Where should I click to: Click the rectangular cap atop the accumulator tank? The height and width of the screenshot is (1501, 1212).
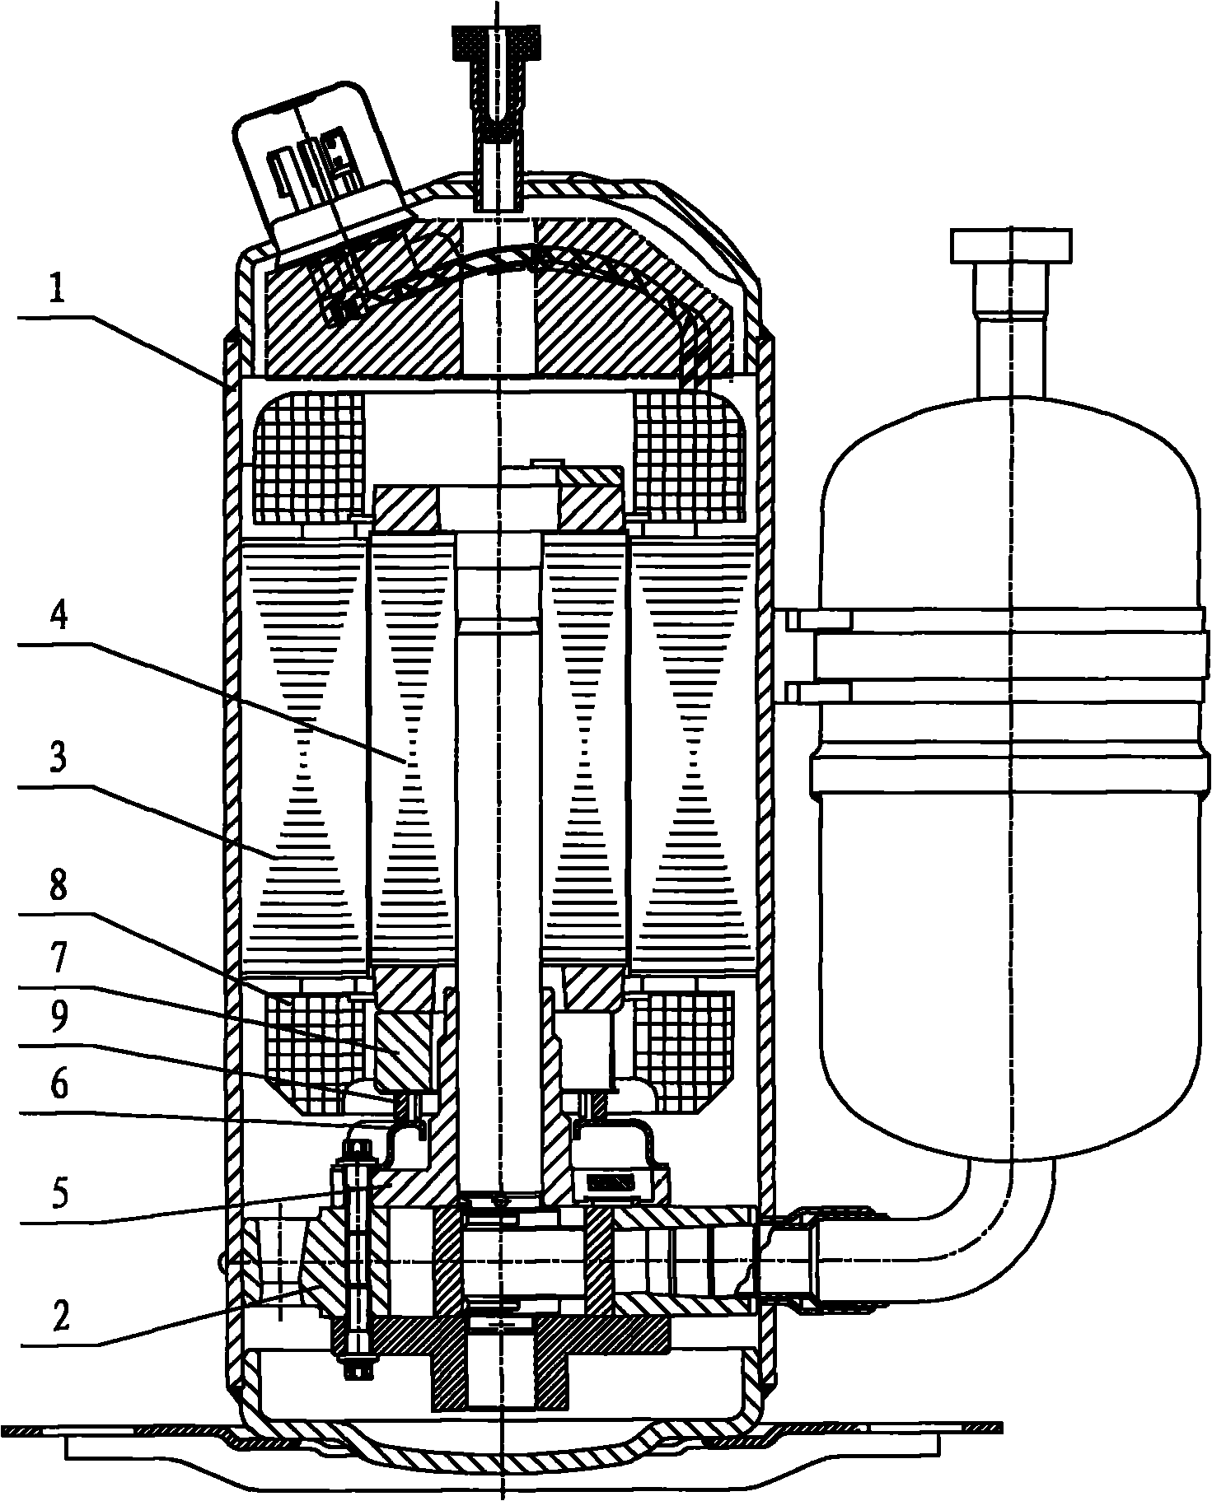coord(1012,244)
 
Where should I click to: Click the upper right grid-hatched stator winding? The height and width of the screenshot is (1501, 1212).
coord(689,457)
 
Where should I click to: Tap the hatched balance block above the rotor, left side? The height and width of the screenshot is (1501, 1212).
coord(407,507)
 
